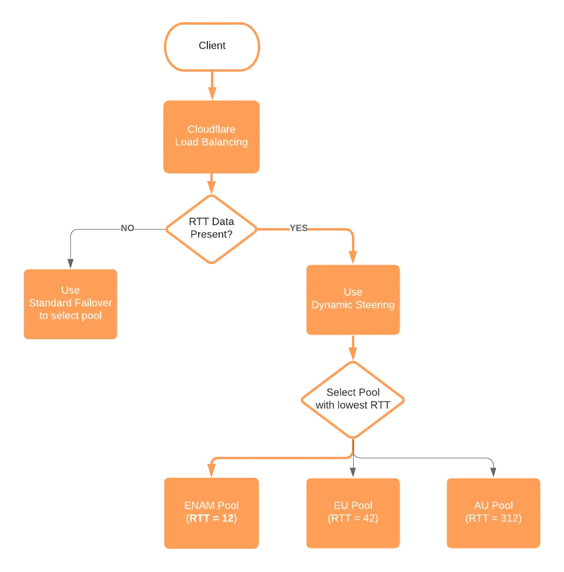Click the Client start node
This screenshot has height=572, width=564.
(x=211, y=46)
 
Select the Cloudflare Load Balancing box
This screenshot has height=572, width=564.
(x=211, y=136)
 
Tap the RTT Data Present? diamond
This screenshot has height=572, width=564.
(x=211, y=228)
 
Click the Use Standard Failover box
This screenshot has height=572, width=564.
(x=70, y=304)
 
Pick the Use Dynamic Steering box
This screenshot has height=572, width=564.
(x=353, y=299)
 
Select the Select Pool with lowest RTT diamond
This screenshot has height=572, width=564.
(x=353, y=399)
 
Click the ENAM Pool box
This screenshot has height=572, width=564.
(x=211, y=513)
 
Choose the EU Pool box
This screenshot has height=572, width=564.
(x=353, y=513)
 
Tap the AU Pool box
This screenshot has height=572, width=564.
(x=493, y=513)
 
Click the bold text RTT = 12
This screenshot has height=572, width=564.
(x=211, y=519)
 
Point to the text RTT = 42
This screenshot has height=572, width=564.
(x=353, y=519)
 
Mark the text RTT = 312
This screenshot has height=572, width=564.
(x=493, y=519)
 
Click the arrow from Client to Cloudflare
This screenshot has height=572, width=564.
(x=211, y=85)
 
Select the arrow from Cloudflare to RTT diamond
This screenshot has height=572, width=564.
(x=211, y=185)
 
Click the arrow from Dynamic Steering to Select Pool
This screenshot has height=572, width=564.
(x=353, y=349)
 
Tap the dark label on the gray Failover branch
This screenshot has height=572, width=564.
(x=127, y=228)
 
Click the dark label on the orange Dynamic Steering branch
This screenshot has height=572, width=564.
(x=298, y=228)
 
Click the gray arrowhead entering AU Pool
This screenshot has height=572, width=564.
(x=493, y=469)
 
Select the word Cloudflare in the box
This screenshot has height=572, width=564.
(x=211, y=129)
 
